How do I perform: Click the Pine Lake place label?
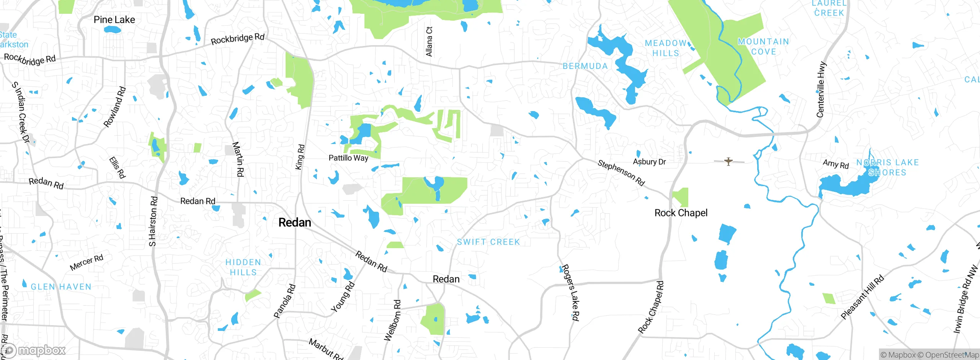(114, 20)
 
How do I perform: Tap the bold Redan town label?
(294, 223)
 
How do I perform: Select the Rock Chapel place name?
(681, 213)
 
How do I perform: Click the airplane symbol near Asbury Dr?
(728, 161)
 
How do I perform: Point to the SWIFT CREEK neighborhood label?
(488, 242)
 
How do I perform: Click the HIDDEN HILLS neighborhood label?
(243, 267)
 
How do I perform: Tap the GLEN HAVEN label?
(61, 287)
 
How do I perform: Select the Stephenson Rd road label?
(621, 173)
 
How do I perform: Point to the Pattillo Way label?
(348, 158)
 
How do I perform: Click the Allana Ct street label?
(429, 41)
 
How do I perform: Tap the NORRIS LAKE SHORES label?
(887, 167)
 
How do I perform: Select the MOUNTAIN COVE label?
(763, 46)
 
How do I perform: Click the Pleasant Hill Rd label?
(862, 297)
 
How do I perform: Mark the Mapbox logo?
(34, 350)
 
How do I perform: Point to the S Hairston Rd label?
(153, 221)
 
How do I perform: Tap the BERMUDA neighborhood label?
(585, 66)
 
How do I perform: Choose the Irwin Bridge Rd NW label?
(965, 300)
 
